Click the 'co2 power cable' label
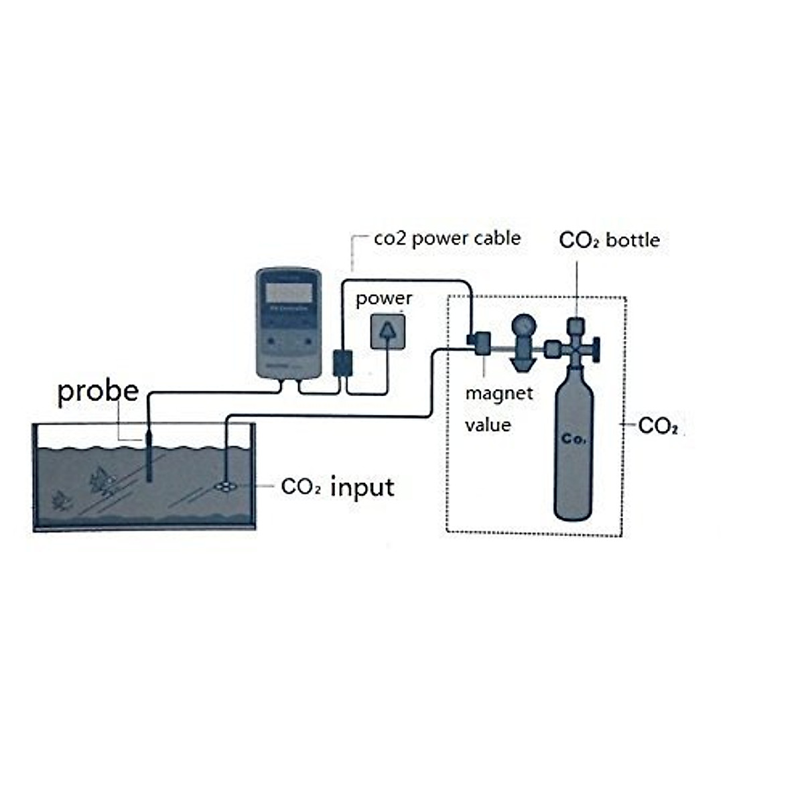coord(447,239)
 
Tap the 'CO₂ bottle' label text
coord(608,240)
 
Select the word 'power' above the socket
coord(383,298)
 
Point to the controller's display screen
coord(289,293)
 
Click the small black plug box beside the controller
coord(342,362)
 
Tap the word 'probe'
coord(98,391)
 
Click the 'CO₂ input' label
coord(338,487)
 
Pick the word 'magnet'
coord(498,393)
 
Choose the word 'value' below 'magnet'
coord(488,425)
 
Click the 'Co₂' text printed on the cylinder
coord(574,439)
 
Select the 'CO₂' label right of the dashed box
coord(658,425)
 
